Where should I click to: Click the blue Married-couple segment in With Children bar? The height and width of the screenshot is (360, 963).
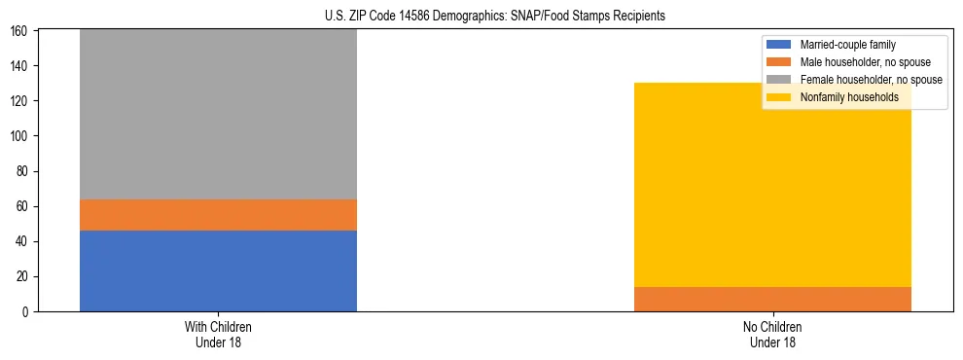[218, 270]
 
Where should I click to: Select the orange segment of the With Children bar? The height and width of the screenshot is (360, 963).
[218, 214]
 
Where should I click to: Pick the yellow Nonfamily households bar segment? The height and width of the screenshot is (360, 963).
[772, 185]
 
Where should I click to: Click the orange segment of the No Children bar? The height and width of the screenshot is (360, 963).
[772, 299]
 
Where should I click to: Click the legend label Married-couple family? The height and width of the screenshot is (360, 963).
[847, 45]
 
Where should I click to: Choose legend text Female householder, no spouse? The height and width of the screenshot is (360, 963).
[871, 80]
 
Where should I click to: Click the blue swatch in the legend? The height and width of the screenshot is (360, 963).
[779, 45]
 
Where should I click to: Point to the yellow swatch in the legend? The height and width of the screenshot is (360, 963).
[779, 97]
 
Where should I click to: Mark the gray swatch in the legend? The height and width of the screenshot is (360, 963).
[779, 80]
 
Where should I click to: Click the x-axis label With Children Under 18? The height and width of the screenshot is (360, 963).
[218, 334]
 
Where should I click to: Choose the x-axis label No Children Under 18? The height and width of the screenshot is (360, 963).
[772, 334]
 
